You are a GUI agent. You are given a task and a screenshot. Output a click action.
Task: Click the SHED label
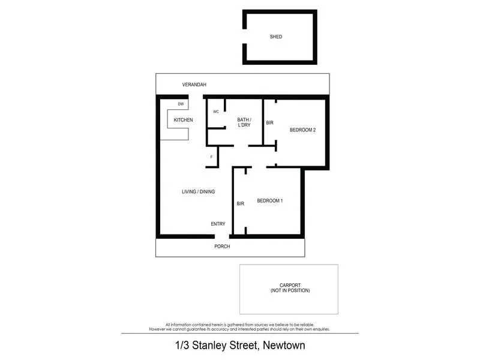coord(276,37)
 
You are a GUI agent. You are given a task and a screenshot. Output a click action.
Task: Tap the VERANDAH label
coord(194,85)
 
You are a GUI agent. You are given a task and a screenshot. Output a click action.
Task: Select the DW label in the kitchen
coord(181,104)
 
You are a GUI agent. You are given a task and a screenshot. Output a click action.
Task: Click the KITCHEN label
coord(183,120)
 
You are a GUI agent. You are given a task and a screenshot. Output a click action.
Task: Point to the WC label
coord(215,112)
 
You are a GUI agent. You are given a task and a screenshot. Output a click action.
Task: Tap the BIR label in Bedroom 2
coord(270,123)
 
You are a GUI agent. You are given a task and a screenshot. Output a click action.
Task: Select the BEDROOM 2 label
coord(302,130)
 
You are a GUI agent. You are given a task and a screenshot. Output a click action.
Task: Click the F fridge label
coord(211,157)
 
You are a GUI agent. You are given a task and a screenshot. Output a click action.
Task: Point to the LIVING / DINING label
coord(199,192)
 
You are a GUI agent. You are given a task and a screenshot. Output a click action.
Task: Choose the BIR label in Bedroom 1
coord(241,204)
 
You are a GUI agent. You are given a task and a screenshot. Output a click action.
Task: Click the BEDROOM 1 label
coord(270,201)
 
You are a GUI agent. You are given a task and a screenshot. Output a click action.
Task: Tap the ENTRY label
coord(218,224)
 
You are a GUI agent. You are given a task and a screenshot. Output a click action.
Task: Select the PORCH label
coord(223,247)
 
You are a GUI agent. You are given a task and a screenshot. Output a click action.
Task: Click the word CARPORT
coord(290,285)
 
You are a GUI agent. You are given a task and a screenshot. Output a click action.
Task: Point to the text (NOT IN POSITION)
coord(290,290)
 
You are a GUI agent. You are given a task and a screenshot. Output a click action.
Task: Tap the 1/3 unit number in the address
coord(181,346)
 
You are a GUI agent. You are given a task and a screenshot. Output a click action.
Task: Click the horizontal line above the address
coord(240,333)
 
